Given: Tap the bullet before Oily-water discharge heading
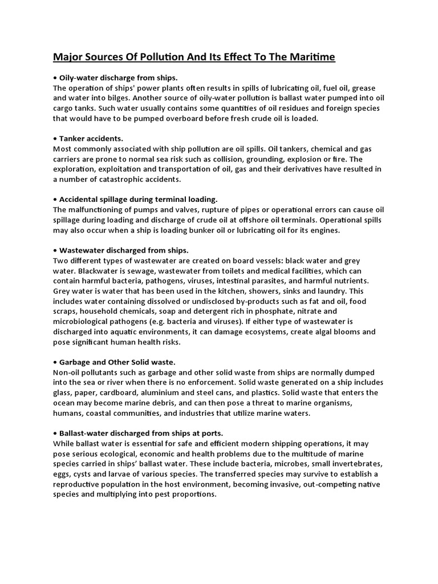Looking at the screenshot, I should (x=55, y=78).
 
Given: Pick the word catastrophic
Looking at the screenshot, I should (x=124, y=179).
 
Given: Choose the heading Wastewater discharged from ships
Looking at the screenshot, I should (x=124, y=250).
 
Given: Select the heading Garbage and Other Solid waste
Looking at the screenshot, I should (x=117, y=362).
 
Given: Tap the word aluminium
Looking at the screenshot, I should (x=177, y=392).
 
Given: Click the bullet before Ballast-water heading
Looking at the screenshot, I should (x=55, y=433).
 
